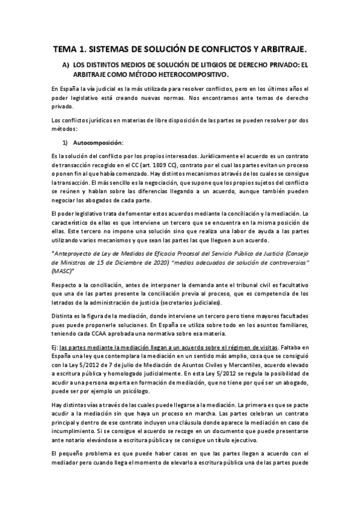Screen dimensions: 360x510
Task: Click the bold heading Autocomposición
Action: point(98,143)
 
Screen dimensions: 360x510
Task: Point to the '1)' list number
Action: point(66,143)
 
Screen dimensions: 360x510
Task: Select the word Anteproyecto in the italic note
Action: point(77,254)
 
